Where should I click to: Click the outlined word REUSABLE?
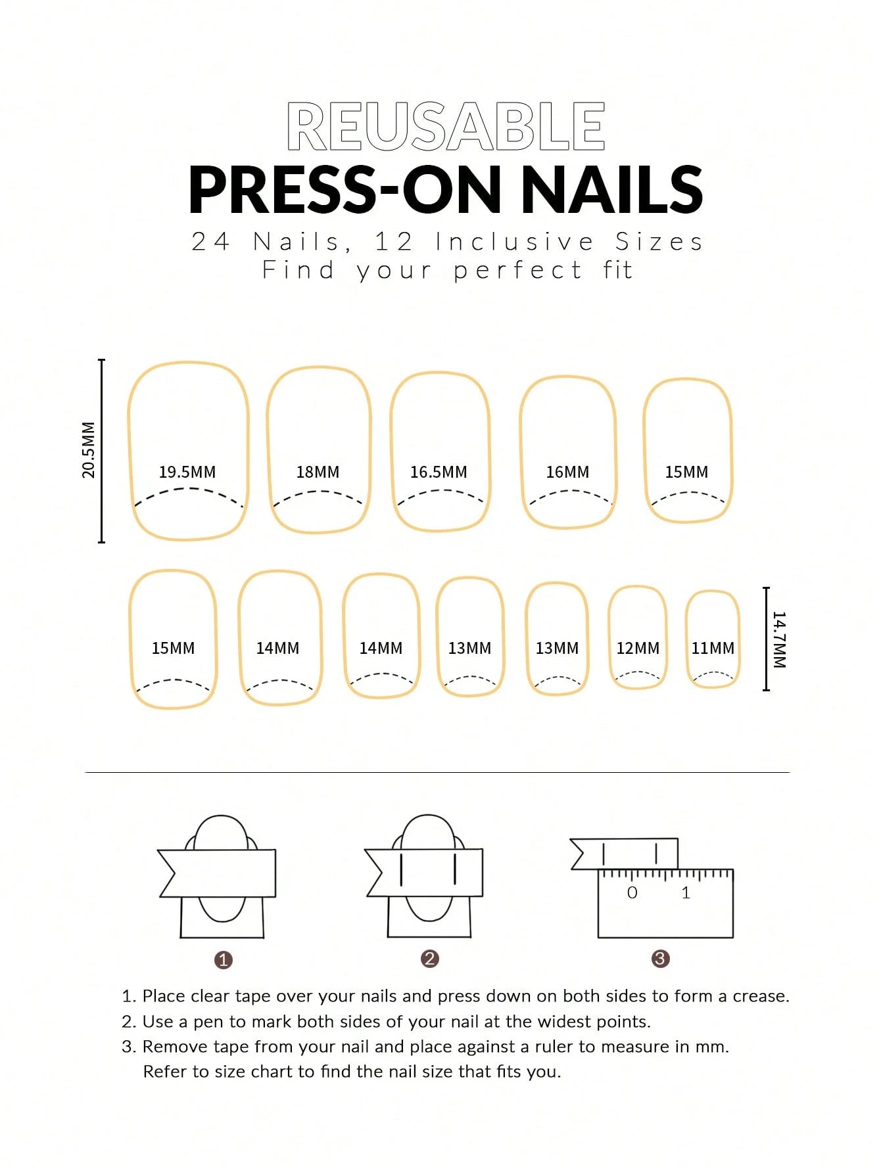pyautogui.click(x=446, y=126)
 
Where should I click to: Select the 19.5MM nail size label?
pyautogui.click(x=187, y=472)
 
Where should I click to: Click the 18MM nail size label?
pyautogui.click(x=318, y=472)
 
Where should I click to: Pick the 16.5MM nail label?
pyautogui.click(x=439, y=472)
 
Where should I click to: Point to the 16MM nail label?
pyautogui.click(x=567, y=472)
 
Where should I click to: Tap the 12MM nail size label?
pyautogui.click(x=638, y=648)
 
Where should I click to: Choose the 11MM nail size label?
pyautogui.click(x=713, y=648)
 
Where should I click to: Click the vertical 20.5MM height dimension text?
pyautogui.click(x=89, y=450)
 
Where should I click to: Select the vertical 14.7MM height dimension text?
pyautogui.click(x=779, y=639)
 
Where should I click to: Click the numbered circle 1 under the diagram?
pyautogui.click(x=224, y=960)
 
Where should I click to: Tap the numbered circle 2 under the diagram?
pyautogui.click(x=430, y=959)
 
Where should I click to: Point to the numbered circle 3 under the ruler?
pyautogui.click(x=660, y=959)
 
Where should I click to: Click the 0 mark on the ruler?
pyautogui.click(x=632, y=892)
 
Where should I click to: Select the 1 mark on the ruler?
pyautogui.click(x=686, y=892)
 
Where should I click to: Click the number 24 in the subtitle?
pyautogui.click(x=210, y=242)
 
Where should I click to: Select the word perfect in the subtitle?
pyautogui.click(x=517, y=270)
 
